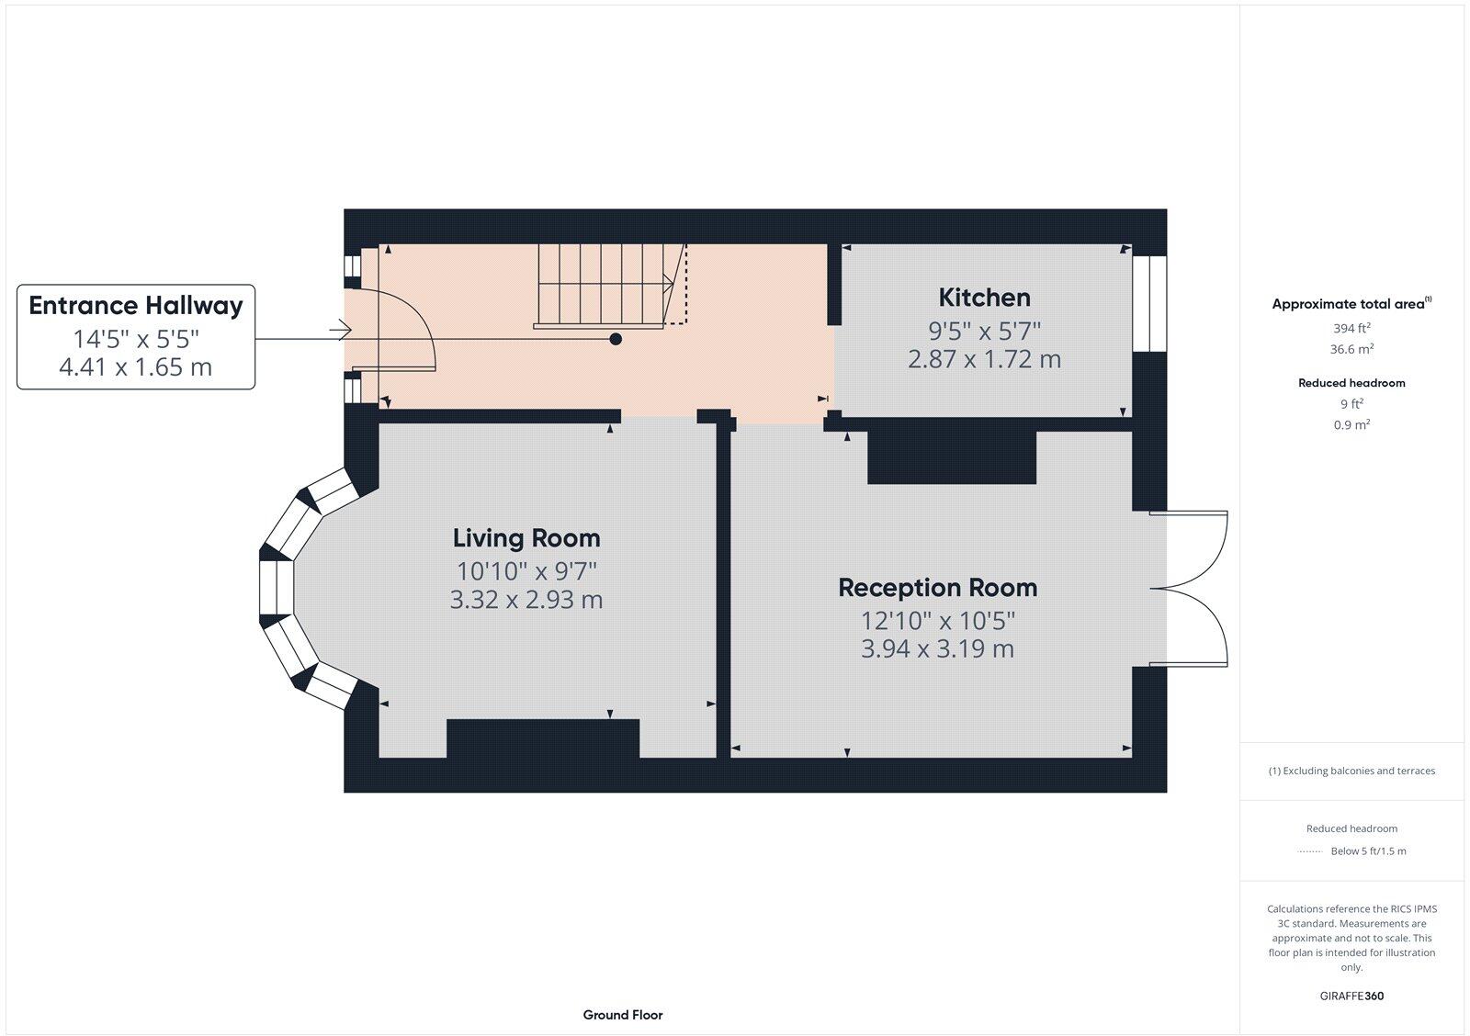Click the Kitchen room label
tap(984, 298)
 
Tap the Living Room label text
tap(526, 539)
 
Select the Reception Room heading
tap(938, 588)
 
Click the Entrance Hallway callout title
tap(136, 306)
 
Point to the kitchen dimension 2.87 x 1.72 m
tap(984, 359)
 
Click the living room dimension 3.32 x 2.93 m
tap(526, 600)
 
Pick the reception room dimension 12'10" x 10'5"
tap(938, 621)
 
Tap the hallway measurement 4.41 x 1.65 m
tap(136, 366)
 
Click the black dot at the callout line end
tap(616, 339)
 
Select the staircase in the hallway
tap(610, 286)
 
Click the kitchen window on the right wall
tap(1149, 303)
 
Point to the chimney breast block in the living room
tap(543, 738)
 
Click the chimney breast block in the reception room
tap(952, 457)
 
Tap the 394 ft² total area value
tap(1351, 328)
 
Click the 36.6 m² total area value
tap(1351, 349)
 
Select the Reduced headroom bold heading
tap(1351, 383)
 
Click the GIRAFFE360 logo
tap(1351, 996)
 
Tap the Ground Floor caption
tap(623, 1015)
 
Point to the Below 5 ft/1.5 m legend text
tap(1368, 851)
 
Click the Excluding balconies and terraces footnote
tap(1351, 771)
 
